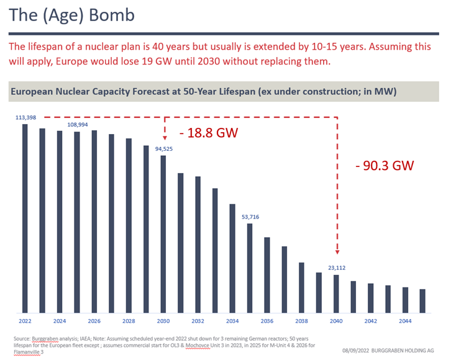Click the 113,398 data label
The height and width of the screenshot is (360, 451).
(x=25, y=117)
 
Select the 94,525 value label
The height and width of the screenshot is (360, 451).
(x=164, y=149)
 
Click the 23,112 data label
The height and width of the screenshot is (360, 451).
(x=336, y=269)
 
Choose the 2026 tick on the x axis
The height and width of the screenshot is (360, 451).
(x=94, y=322)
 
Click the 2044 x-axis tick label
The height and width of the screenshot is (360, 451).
(x=405, y=322)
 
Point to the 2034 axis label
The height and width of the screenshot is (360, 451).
(x=232, y=322)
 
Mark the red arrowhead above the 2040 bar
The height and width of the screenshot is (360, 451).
(x=337, y=251)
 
